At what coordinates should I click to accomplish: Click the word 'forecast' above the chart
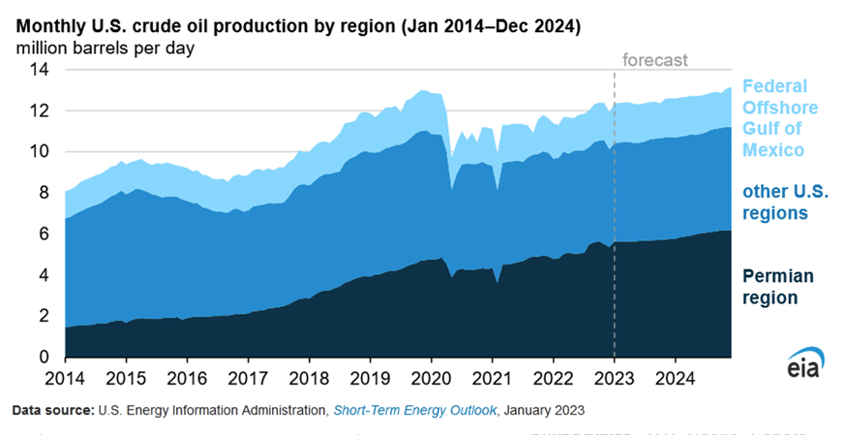(x=654, y=60)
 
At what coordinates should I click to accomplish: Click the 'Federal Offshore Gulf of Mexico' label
(x=779, y=118)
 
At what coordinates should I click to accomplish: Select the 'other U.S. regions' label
(x=774, y=201)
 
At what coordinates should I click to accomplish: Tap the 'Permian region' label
(x=772, y=287)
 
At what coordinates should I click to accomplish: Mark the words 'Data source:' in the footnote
(x=52, y=411)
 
